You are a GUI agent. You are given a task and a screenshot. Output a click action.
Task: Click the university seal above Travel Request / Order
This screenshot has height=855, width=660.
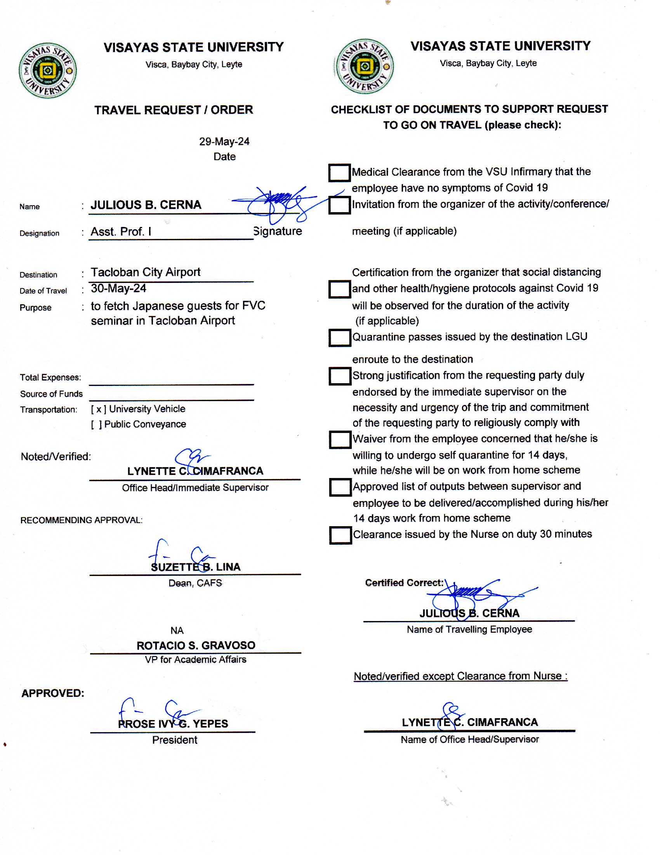coord(48,70)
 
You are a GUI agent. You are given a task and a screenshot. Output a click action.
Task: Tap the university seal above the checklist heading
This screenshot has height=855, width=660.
coord(365,66)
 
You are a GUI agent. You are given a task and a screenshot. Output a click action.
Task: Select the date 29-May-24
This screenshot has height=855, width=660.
coord(224,141)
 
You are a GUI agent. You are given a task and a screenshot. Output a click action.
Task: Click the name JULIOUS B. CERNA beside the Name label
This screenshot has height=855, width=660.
coord(146,205)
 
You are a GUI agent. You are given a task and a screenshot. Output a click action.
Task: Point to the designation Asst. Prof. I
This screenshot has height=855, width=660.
coord(121,232)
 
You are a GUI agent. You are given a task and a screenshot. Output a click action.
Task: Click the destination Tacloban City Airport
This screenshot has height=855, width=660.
coord(146,272)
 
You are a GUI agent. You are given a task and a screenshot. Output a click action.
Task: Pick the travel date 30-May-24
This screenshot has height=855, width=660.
coord(118,288)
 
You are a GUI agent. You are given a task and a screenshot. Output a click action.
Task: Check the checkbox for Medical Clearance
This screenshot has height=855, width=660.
coord(339,173)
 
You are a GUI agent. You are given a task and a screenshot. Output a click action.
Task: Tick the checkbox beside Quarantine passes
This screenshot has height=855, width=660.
coord(339,337)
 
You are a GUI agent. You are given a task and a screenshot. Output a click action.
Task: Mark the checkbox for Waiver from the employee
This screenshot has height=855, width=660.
coord(340,439)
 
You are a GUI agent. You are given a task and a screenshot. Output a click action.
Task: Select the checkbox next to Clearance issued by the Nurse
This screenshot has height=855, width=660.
coord(340,535)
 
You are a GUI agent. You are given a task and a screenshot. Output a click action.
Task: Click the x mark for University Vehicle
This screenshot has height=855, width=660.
coord(99,410)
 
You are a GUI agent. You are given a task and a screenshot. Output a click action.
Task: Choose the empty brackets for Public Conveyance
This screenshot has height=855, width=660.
coord(97,425)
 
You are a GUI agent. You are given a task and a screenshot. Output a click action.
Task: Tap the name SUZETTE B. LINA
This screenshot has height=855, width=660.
coord(196,567)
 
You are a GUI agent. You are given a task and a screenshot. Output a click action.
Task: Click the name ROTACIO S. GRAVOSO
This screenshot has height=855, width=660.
coord(196,645)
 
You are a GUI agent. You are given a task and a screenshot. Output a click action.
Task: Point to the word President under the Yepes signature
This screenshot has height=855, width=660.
coord(174,740)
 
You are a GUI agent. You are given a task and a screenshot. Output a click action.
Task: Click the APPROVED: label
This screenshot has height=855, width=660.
coord(53,693)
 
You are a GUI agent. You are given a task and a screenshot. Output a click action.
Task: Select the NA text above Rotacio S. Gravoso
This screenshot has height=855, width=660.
coord(177,630)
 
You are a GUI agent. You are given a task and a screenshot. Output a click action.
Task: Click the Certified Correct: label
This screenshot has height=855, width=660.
coord(404,583)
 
